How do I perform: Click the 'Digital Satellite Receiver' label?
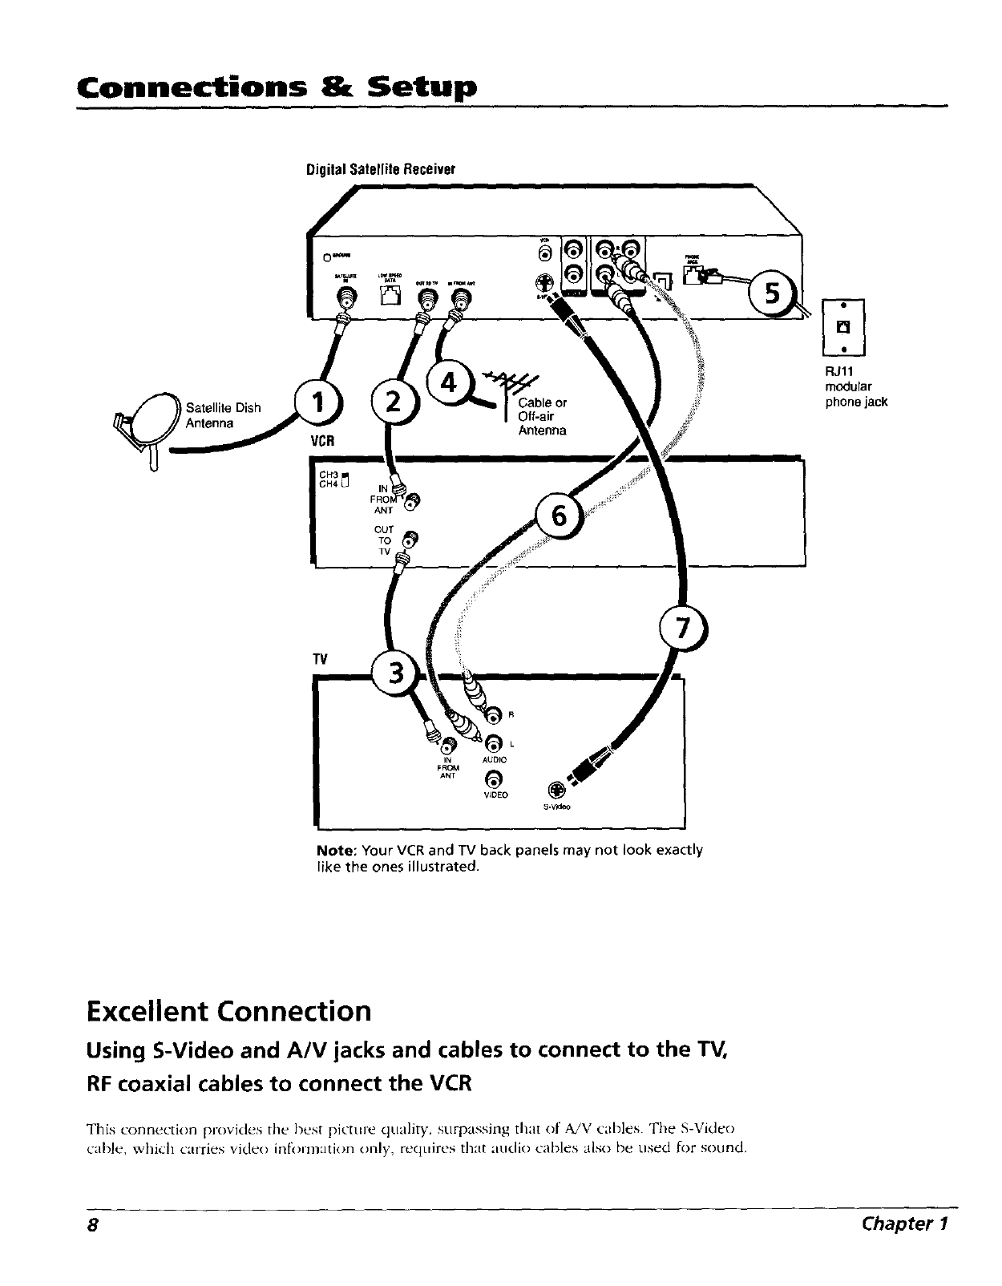coord(380,169)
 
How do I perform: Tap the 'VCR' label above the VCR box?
coord(321,440)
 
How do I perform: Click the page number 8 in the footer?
coord(93,1224)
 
